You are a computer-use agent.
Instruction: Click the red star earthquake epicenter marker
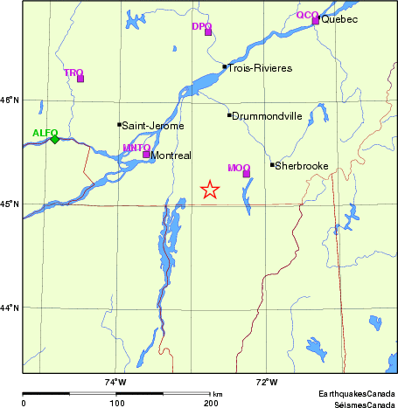(209, 190)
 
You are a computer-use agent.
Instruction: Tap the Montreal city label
(171, 156)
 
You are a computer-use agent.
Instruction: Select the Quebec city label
(339, 19)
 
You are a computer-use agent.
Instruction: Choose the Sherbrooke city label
(301, 164)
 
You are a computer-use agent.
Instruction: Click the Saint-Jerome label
(153, 126)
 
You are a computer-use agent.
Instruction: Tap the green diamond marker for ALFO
(54, 139)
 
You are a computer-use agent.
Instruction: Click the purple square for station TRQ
(80, 79)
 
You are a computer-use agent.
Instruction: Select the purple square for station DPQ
(208, 32)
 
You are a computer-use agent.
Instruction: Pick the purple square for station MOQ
(247, 173)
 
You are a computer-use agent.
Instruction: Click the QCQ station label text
(306, 15)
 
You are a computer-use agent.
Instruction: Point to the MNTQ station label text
(136, 148)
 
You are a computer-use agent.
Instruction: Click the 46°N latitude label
(10, 100)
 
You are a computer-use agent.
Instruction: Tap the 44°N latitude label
(10, 308)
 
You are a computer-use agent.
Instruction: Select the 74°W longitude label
(115, 382)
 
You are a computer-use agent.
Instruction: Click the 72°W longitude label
(267, 382)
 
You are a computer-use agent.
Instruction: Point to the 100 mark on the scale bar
(116, 404)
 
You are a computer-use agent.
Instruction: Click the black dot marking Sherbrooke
(272, 164)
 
